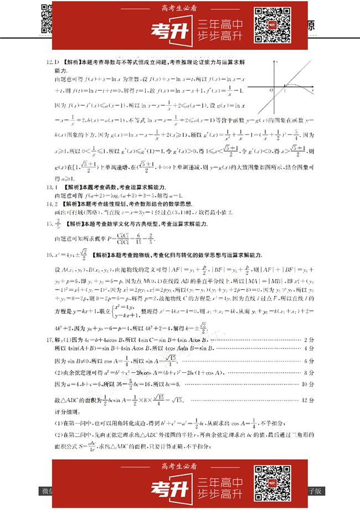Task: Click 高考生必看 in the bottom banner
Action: point(180,467)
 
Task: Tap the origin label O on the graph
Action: point(271,90)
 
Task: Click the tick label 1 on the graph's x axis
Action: point(284,90)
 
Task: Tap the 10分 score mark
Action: point(307,383)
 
